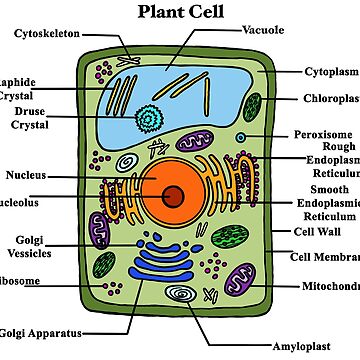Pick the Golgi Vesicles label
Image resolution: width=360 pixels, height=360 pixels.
[x=27, y=246]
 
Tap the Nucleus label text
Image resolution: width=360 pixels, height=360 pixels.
[x=26, y=175]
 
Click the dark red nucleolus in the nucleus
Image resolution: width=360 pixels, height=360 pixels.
[x=172, y=197]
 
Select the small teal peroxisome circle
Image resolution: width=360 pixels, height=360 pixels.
[x=240, y=136]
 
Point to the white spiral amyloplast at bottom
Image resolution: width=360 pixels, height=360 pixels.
[x=181, y=295]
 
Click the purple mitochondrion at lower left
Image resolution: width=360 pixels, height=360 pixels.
[x=99, y=228]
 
